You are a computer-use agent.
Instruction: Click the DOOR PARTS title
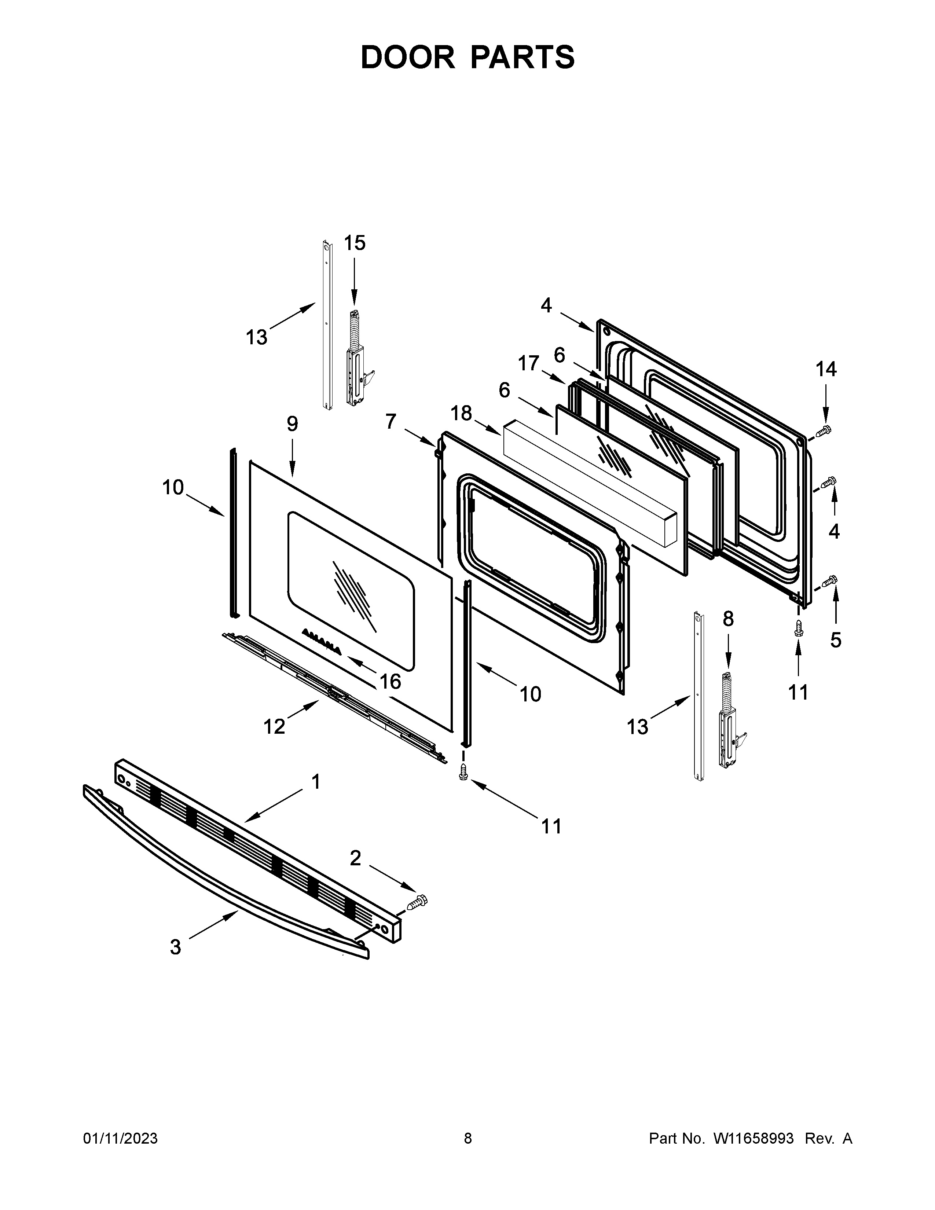click(x=467, y=57)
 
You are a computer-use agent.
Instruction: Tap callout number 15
click(x=355, y=243)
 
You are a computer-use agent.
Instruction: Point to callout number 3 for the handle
click(x=175, y=947)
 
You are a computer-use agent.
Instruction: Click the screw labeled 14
click(x=823, y=430)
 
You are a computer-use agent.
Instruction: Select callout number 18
click(x=461, y=413)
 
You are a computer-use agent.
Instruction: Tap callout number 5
click(x=835, y=640)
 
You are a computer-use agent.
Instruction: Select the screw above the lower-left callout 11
click(x=463, y=772)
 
